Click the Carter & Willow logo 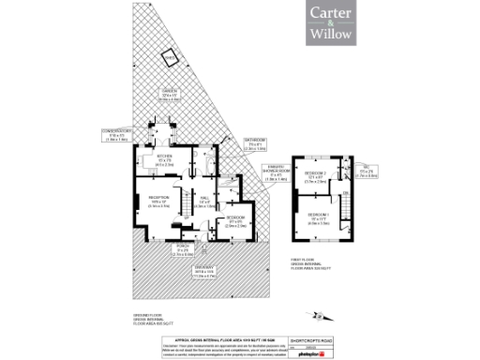pos(332,25)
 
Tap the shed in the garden pos(169,56)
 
